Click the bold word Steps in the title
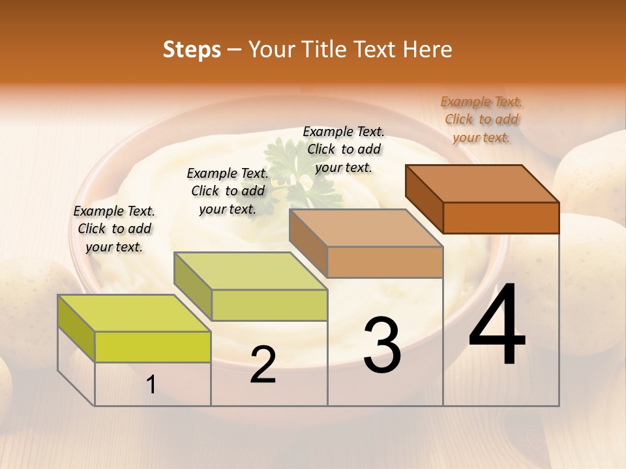[192, 50]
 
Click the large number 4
[498, 325]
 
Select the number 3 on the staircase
[382, 345]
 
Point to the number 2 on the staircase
[263, 365]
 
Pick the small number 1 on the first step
[151, 385]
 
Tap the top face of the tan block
[365, 228]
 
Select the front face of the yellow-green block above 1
[153, 347]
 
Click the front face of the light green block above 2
[269, 305]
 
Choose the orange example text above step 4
[481, 119]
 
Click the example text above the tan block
[344, 149]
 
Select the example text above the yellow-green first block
[114, 229]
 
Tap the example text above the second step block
[228, 191]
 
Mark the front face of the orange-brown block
[501, 218]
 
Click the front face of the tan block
[385, 262]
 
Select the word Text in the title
[374, 50]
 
